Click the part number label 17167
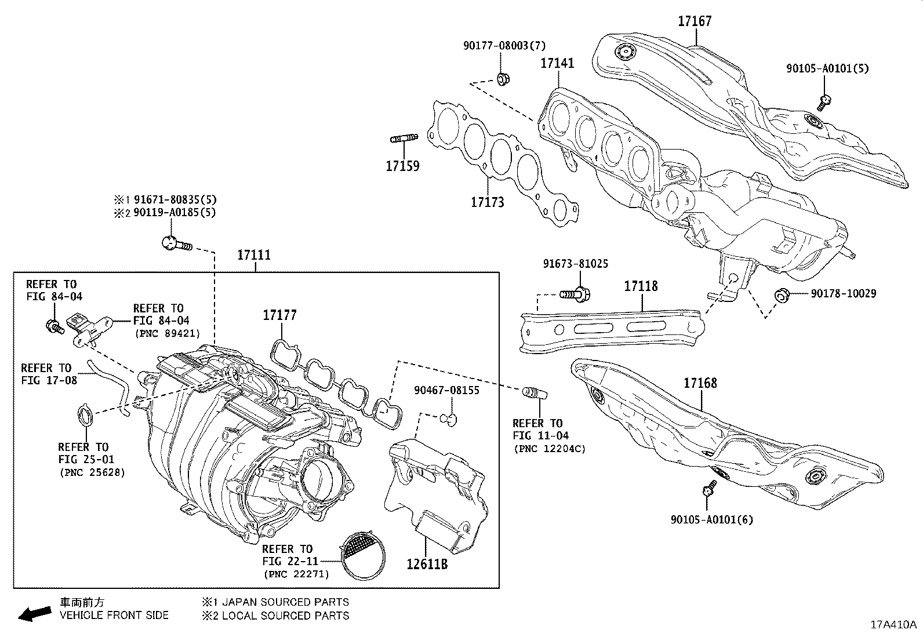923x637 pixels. point(695,21)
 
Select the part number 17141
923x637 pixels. point(557,63)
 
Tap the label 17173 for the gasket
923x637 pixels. point(487,202)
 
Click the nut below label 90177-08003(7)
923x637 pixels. point(503,78)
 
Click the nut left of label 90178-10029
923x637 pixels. point(781,296)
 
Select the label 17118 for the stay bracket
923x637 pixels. point(641,286)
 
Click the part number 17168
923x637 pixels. point(700,383)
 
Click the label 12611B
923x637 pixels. point(426,564)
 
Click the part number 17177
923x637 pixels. point(279,315)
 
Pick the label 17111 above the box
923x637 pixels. point(254,255)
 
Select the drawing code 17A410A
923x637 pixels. point(893,625)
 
